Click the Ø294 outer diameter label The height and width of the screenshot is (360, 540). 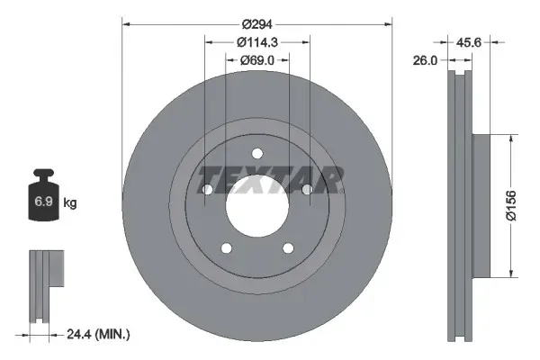click(257, 23)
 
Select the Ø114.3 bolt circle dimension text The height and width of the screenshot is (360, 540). click(257, 41)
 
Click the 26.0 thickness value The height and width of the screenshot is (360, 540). click(426, 60)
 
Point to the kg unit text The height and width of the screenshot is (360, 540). click(70, 203)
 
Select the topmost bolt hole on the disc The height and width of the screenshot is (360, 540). click(257, 153)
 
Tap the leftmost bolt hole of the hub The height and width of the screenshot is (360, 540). click(206, 190)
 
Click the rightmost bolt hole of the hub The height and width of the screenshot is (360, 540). click(308, 190)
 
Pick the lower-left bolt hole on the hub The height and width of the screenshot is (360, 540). click(226, 248)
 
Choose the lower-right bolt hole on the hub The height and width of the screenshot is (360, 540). click(288, 248)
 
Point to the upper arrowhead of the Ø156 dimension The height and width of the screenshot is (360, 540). click(512, 139)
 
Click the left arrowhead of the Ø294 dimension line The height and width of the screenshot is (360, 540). click(125, 23)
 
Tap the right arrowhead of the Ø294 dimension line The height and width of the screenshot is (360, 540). click(390, 23)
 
